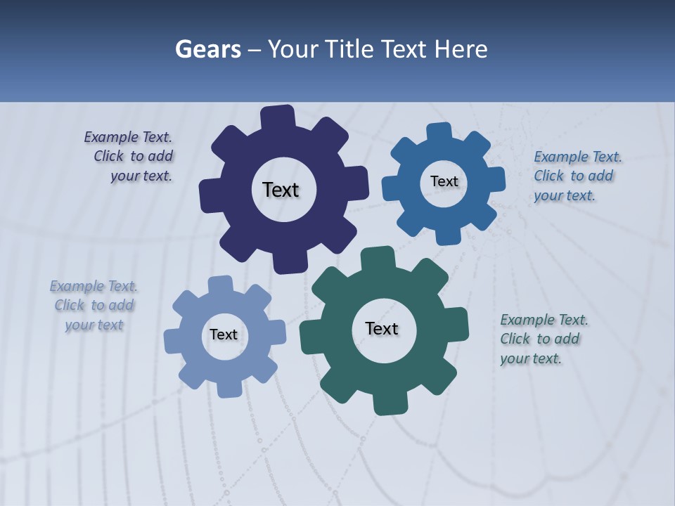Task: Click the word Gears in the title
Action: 207,49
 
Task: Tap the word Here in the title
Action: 461,49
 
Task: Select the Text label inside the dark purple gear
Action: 281,190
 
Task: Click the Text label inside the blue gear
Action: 444,181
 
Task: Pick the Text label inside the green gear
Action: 382,328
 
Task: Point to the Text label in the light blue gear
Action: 224,335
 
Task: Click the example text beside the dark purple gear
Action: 131,157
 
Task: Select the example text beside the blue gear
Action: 576,176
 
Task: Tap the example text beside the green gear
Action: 543,339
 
